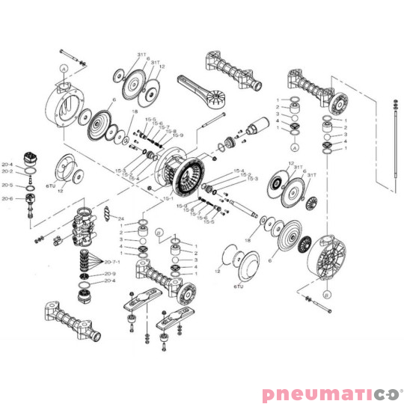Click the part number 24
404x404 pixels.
(120, 218)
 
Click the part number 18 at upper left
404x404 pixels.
(135, 111)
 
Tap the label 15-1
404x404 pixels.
(168, 198)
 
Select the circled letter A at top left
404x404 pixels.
(64, 67)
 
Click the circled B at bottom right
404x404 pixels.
(327, 295)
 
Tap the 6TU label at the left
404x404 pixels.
(52, 183)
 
